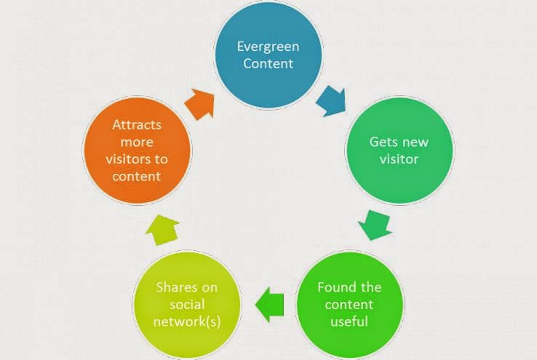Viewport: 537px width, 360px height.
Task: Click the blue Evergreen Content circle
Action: tap(268, 55)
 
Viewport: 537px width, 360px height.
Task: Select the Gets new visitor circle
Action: tap(399, 151)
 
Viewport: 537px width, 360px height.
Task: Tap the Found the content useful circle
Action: tap(349, 305)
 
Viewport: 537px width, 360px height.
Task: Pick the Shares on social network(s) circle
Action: tap(187, 305)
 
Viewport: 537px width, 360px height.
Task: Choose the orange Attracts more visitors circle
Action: tap(137, 151)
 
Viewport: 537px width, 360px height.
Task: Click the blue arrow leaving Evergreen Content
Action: tap(332, 101)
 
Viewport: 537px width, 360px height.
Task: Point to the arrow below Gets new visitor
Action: tap(375, 225)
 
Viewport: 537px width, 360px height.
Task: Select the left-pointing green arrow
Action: tap(269, 304)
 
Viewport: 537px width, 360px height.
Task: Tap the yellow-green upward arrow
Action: tap(162, 230)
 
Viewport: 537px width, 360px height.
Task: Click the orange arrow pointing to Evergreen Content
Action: tap(200, 105)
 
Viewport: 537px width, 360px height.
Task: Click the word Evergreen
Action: tap(268, 47)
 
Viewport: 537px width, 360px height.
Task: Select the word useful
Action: tap(349, 321)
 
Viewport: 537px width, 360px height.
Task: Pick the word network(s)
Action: tap(187, 321)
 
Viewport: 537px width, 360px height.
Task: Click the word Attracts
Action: tap(137, 124)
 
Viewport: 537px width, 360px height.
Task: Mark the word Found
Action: tap(334, 287)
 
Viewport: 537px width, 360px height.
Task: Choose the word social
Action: tap(187, 304)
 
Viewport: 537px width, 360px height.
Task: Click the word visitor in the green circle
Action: tap(399, 159)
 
